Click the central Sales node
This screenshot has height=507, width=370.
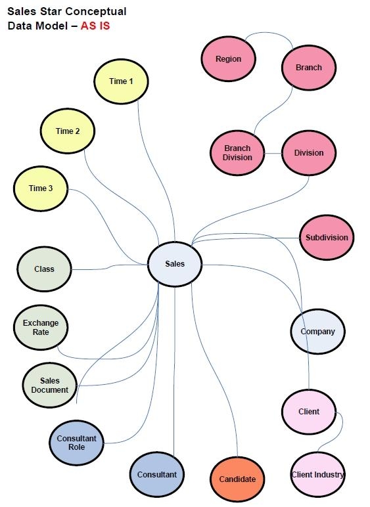pyautogui.click(x=175, y=264)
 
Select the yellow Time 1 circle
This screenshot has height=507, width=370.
pyautogui.click(x=121, y=81)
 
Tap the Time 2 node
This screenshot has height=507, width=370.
pyautogui.click(x=67, y=131)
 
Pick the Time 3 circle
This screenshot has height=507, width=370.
pyautogui.click(x=41, y=188)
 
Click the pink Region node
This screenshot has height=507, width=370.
pyautogui.click(x=228, y=59)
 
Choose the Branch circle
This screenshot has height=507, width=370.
pyautogui.click(x=309, y=68)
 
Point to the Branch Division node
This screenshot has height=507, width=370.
pyautogui.click(x=237, y=152)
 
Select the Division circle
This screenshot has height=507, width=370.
pyautogui.click(x=309, y=152)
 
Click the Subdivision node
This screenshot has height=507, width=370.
pyautogui.click(x=327, y=238)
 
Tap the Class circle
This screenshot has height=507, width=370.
pyautogui.click(x=44, y=269)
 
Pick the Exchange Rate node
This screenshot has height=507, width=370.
pyautogui.click(x=41, y=327)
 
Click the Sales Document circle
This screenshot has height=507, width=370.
pyautogui.click(x=50, y=385)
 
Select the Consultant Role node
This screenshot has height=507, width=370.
pyautogui.click(x=76, y=443)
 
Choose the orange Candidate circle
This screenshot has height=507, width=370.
pyautogui.click(x=237, y=479)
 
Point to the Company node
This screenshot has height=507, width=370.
pyautogui.click(x=317, y=332)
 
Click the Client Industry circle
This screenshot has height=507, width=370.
pyautogui.click(x=317, y=475)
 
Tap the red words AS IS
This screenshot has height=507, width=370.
pyautogui.click(x=95, y=26)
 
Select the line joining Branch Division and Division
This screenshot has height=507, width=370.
pyautogui.click(x=273, y=153)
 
